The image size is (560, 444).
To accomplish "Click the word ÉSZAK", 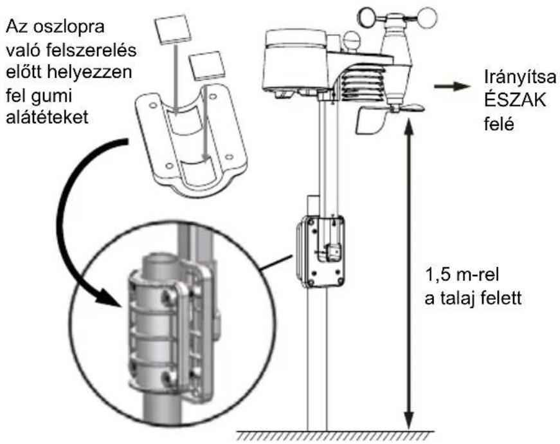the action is (515, 101).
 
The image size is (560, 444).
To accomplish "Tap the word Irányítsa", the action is (520, 78).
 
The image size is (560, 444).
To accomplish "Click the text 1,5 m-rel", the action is (462, 275).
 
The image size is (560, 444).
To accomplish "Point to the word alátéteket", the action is (47, 117).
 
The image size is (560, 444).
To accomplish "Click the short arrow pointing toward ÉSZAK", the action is (451, 86).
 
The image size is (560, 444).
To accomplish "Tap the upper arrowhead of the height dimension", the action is (410, 128).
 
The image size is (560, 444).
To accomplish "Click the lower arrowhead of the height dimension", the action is (410, 420).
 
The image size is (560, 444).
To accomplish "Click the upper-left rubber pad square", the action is (172, 30).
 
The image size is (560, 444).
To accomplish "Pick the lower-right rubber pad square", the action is (207, 66).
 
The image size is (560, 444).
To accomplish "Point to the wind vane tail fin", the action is (369, 121).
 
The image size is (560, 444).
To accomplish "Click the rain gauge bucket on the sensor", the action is (295, 60).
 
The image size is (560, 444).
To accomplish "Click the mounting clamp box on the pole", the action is (320, 252).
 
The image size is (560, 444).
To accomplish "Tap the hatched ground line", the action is (336, 436).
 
